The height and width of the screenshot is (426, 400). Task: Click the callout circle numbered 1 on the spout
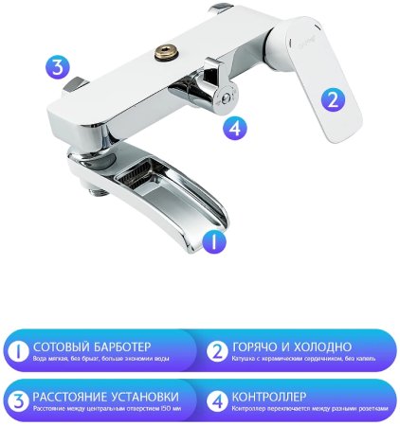[x=213, y=240]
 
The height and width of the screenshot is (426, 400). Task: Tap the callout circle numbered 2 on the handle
[x=333, y=99]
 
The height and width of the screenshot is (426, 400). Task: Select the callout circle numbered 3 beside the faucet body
[x=59, y=66]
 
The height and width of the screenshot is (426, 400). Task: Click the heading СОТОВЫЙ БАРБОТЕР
[x=91, y=347]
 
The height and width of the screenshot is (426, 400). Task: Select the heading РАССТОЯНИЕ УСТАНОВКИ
[x=105, y=396]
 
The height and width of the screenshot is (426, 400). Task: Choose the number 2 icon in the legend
[x=216, y=353]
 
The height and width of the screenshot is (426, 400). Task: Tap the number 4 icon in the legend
[x=216, y=401]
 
